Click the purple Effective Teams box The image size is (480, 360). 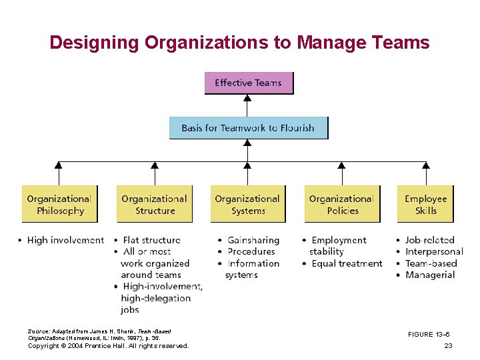click(248, 83)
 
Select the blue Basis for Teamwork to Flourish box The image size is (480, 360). click(248, 127)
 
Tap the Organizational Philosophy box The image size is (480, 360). click(59, 204)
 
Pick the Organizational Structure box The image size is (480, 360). click(154, 204)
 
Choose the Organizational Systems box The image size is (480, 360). click(247, 204)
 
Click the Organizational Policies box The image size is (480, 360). click(341, 204)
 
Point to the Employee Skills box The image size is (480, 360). click(425, 204)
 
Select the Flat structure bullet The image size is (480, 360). click(151, 240)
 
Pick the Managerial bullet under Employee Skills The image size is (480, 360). click(430, 275)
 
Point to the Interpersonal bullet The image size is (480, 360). click(434, 251)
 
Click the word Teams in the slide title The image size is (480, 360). click(401, 43)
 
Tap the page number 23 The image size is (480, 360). click(448, 345)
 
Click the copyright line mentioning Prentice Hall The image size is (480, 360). click(109, 345)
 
